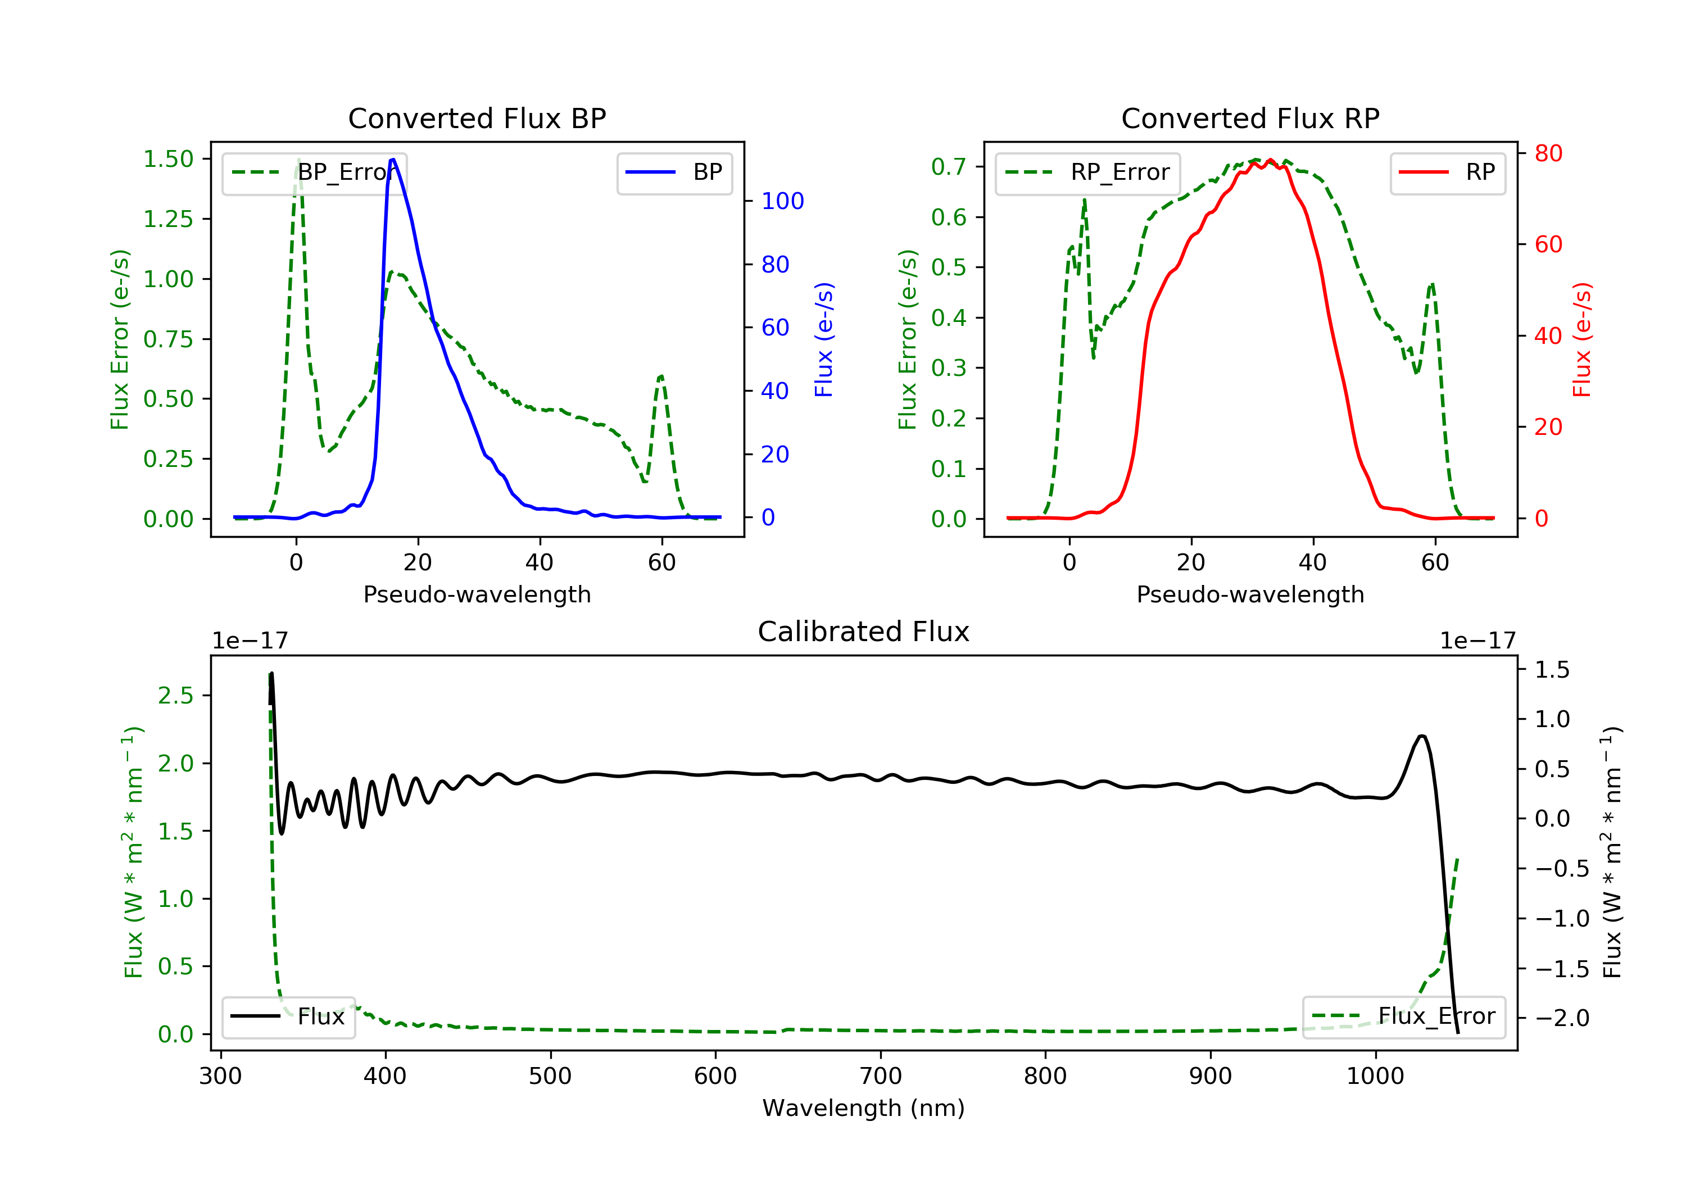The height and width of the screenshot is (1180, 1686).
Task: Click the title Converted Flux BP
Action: (x=477, y=118)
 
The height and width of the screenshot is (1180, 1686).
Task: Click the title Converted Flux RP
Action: (x=1250, y=118)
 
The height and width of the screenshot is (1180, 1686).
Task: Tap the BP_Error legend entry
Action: (x=314, y=173)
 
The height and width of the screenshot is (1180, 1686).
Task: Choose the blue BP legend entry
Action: (x=674, y=173)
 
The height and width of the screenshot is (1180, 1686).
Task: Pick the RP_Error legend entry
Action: (x=1087, y=173)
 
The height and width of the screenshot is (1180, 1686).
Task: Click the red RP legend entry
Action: (x=1447, y=173)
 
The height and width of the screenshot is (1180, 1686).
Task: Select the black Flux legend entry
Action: (x=288, y=1016)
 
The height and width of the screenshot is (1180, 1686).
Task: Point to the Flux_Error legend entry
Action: (x=1403, y=1016)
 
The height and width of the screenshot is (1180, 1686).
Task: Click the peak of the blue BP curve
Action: (x=393, y=160)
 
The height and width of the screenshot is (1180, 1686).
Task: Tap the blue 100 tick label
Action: (x=782, y=201)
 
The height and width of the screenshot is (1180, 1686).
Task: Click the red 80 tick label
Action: (x=1548, y=153)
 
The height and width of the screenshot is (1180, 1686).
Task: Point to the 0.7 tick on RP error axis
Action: (x=948, y=167)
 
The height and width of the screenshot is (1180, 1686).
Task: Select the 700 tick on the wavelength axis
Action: (x=881, y=1077)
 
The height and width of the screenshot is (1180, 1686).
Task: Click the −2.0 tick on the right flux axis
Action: (x=1562, y=1018)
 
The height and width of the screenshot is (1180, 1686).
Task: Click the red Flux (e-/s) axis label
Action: (x=1581, y=339)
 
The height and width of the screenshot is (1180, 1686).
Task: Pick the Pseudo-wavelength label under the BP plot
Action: (x=477, y=594)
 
